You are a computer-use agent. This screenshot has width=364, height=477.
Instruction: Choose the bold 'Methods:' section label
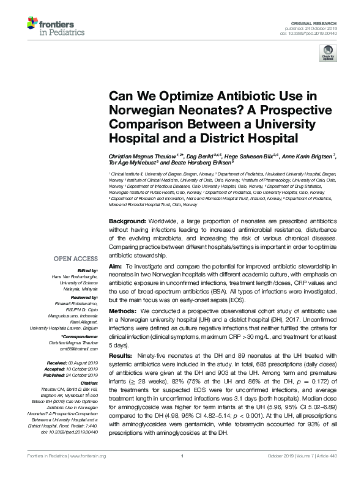[x=122, y=312]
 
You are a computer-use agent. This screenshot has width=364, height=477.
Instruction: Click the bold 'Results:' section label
[x=121, y=355]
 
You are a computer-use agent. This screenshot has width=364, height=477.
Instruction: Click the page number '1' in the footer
[x=182, y=472]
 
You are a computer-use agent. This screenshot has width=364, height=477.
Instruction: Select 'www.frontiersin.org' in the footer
[x=90, y=472]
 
